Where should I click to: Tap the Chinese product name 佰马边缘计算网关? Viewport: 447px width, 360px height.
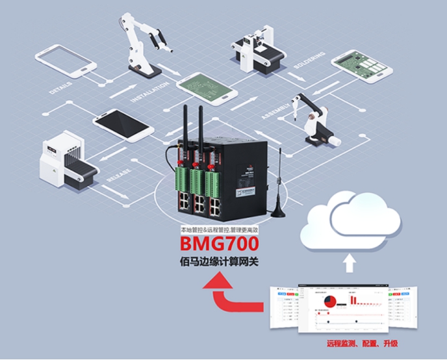coord(222,264)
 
